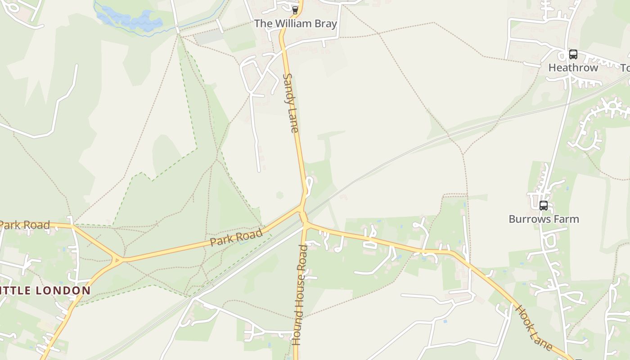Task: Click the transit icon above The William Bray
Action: pyautogui.click(x=295, y=10)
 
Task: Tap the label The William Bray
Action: pyautogui.click(x=296, y=24)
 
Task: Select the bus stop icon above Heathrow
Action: pyautogui.click(x=573, y=54)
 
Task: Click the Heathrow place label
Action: pyautogui.click(x=573, y=68)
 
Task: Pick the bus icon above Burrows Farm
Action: pyautogui.click(x=544, y=206)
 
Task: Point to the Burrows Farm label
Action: pyautogui.click(x=544, y=219)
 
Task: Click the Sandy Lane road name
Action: pyautogui.click(x=291, y=103)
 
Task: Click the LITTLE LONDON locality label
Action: pyautogui.click(x=45, y=291)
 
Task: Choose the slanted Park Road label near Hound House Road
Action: pyautogui.click(x=236, y=238)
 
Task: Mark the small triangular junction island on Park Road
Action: pyautogui.click(x=117, y=260)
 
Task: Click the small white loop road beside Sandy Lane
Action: pyautogui.click(x=309, y=186)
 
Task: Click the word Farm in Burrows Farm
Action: pyautogui.click(x=566, y=219)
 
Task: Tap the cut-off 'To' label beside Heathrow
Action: pyautogui.click(x=625, y=68)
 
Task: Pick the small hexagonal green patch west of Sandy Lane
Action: pyautogui.click(x=279, y=195)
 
